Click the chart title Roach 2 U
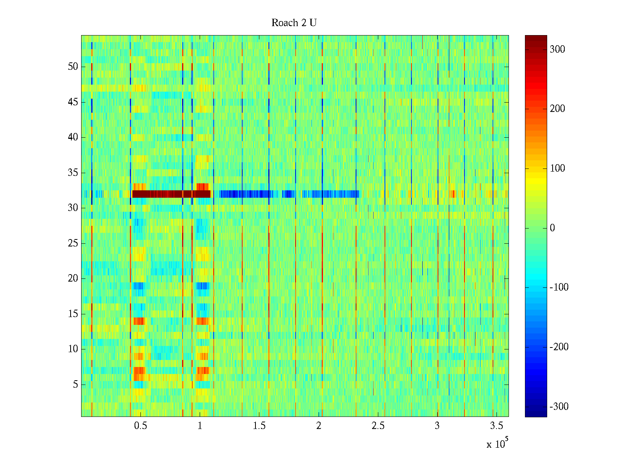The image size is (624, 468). tap(294, 23)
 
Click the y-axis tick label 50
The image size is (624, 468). tap(73, 67)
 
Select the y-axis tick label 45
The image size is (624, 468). tap(73, 102)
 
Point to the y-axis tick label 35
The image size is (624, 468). tap(73, 173)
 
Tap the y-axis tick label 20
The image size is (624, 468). tap(73, 278)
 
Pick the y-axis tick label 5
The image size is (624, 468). tap(75, 385)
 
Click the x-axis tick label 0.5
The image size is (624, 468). tap(140, 426)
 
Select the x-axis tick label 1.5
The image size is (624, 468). tap(259, 426)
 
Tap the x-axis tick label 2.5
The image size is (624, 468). tap(378, 426)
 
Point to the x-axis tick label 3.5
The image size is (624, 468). tap(496, 426)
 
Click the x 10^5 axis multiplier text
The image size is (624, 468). tap(497, 443)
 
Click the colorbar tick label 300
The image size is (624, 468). tap(557, 50)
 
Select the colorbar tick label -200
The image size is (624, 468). tap(559, 347)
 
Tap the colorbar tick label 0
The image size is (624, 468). tap(552, 228)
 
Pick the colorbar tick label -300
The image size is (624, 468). tap(559, 407)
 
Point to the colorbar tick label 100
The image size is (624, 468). tap(557, 168)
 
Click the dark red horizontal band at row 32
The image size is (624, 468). tap(172, 194)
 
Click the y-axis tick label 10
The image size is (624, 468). tap(73, 349)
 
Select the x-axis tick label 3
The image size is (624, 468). tap(437, 426)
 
